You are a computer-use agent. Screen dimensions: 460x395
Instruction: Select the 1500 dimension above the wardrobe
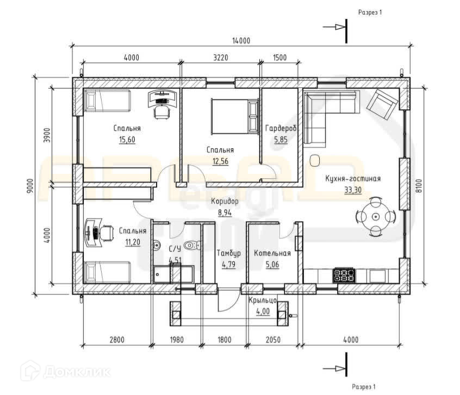(280, 57)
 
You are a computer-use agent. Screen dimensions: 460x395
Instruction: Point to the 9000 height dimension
(30, 185)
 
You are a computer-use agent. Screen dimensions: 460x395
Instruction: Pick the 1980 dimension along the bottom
(176, 340)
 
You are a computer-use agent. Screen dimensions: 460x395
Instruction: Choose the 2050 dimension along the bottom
(272, 340)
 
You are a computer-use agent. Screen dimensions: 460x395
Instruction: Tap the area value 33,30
(353, 190)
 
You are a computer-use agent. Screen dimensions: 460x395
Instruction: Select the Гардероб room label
(281, 129)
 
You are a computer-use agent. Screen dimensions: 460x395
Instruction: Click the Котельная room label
(272, 253)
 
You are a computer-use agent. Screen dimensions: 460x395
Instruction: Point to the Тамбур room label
(228, 253)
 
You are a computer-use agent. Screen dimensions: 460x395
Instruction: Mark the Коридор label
(225, 202)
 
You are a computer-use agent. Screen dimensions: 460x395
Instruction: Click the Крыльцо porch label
(263, 300)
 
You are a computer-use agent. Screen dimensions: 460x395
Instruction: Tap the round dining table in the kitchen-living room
(375, 217)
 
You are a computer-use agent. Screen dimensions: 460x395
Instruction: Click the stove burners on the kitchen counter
(344, 275)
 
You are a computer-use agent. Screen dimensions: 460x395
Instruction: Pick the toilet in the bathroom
(191, 246)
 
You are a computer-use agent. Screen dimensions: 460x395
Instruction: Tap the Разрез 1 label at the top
(370, 11)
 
